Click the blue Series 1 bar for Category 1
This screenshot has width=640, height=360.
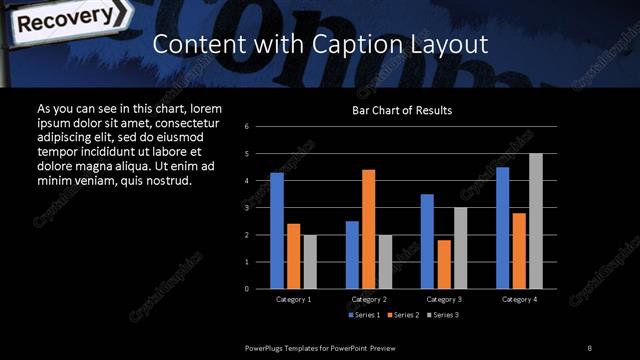(277, 230)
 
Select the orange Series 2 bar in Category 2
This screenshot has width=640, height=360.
(368, 229)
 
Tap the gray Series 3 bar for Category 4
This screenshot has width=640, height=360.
(535, 221)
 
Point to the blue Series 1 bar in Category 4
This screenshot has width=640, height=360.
(502, 227)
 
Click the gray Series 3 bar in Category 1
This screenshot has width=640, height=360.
(309, 261)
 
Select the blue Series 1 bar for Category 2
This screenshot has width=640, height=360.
(352, 254)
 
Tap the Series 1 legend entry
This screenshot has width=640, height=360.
(364, 315)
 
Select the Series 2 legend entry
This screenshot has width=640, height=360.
(402, 315)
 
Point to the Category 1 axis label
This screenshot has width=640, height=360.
(293, 299)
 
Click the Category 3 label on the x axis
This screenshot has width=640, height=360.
(444, 299)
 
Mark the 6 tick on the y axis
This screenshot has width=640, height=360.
(247, 127)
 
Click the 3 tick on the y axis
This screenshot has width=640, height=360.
(247, 208)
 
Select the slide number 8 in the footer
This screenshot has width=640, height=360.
(590, 346)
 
